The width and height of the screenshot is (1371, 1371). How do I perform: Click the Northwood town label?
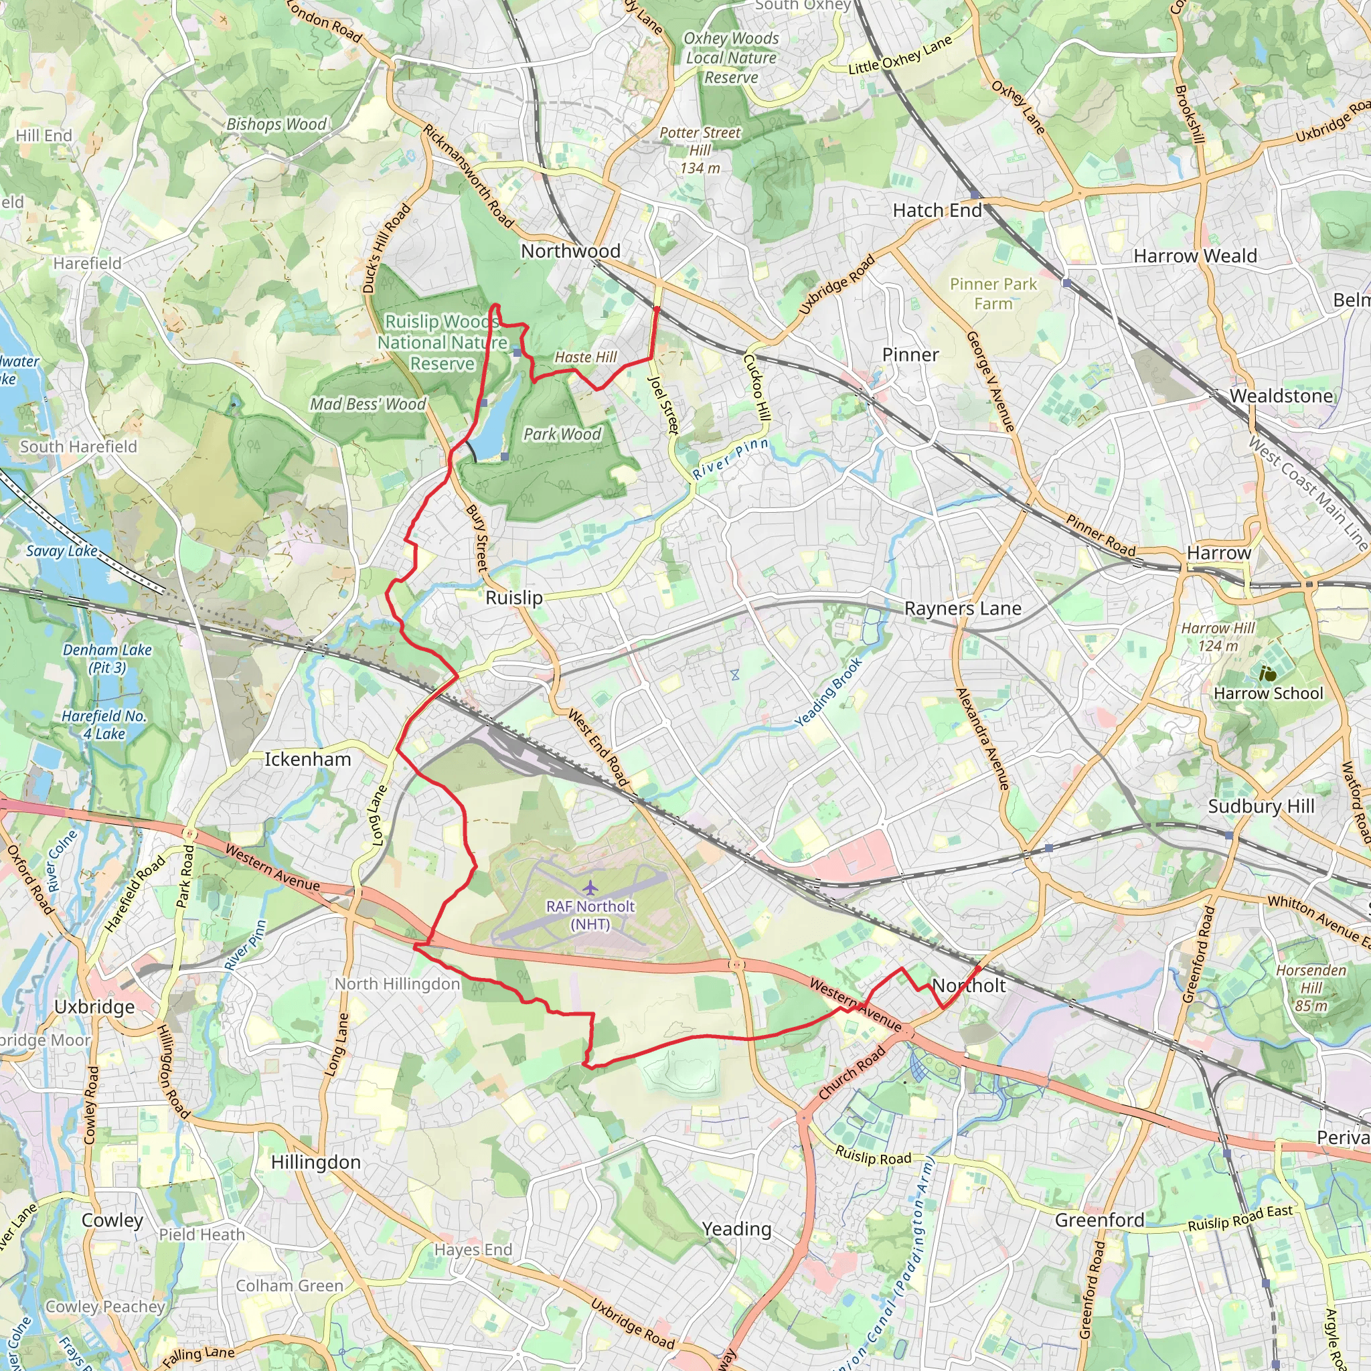coord(570,251)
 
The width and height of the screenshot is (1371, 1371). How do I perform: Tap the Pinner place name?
coord(910,355)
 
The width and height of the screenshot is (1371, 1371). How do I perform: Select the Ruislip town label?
coord(513,598)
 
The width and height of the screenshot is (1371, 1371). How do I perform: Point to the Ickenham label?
coord(307,759)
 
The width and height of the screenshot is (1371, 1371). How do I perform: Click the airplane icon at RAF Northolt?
coord(590,888)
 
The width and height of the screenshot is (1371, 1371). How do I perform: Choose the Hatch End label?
coord(937,211)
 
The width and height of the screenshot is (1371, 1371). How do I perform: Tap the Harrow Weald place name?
coord(1195,256)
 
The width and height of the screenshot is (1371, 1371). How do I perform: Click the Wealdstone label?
coord(1281,396)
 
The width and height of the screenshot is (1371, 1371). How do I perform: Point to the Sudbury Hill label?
coord(1261,806)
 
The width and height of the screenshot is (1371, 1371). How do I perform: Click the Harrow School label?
coord(1268,694)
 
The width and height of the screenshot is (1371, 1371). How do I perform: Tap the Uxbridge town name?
coord(94,1007)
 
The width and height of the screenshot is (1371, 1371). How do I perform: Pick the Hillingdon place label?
coord(316,1162)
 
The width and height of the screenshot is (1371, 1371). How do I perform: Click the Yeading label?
coord(736,1229)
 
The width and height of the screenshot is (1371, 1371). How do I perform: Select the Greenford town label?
coord(1099,1220)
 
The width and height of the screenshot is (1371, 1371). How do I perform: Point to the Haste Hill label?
coord(586,357)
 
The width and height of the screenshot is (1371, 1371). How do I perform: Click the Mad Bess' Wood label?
coord(368,404)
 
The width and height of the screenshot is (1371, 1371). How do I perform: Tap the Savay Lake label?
coord(62,551)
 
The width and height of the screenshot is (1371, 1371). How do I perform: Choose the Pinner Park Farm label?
coord(993,294)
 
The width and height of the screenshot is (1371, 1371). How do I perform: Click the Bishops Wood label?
coord(276,125)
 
